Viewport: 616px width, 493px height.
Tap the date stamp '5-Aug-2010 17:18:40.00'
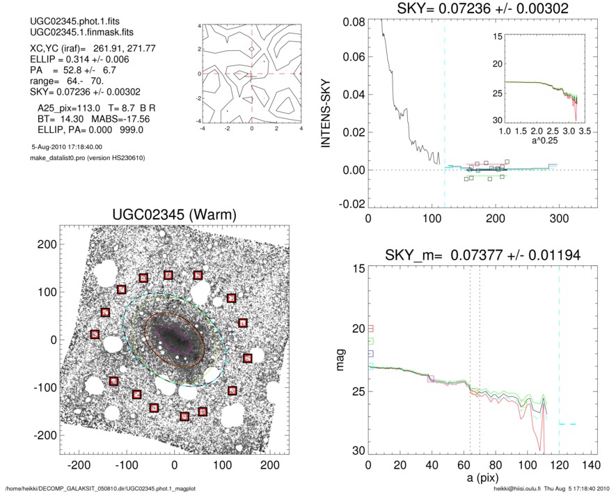coord(66,147)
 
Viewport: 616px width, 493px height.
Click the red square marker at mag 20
coord(370,329)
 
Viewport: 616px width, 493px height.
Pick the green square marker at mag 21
coord(370,341)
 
